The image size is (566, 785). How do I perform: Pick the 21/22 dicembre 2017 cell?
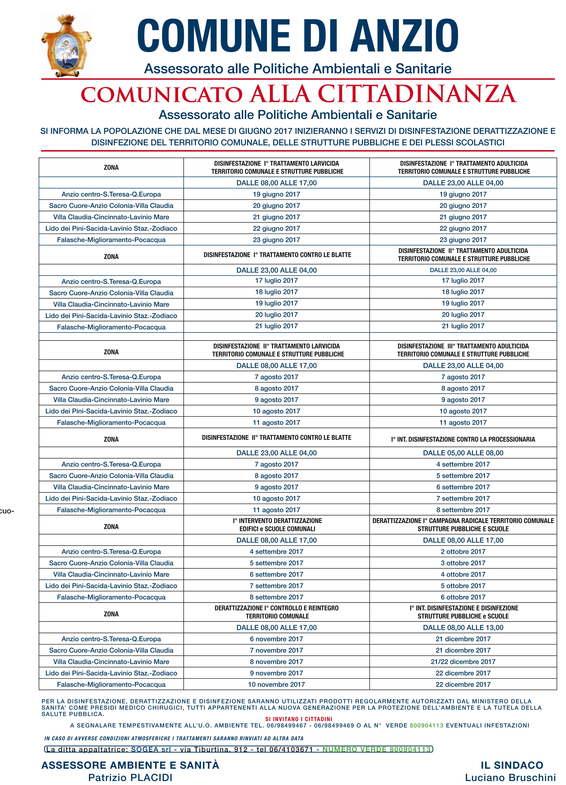point(463,661)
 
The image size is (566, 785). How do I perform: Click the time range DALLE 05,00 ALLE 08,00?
point(463,453)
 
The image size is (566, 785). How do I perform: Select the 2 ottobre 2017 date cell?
point(463,551)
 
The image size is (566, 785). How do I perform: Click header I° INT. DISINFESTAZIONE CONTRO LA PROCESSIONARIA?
point(463,439)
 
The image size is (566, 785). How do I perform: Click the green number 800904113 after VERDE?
point(426,725)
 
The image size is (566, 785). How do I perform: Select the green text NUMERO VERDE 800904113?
point(377,749)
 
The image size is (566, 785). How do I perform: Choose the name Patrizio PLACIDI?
point(130,778)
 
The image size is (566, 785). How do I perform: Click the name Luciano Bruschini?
point(510,778)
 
